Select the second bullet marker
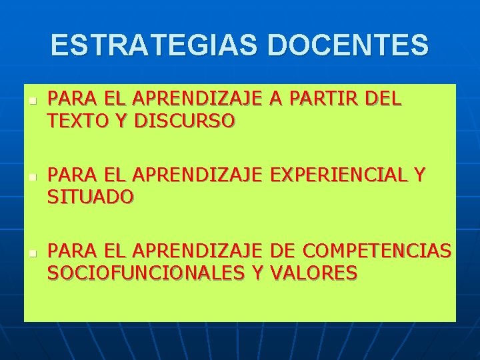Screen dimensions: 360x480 pyautogui.click(x=32, y=178)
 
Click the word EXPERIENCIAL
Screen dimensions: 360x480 pyautogui.click(x=339, y=175)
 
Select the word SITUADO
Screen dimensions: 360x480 pyautogui.click(x=90, y=197)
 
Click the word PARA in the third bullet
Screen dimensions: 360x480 pyautogui.click(x=70, y=251)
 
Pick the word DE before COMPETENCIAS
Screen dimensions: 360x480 pyautogui.click(x=283, y=251)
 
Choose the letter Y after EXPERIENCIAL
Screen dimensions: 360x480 pyautogui.click(x=419, y=175)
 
